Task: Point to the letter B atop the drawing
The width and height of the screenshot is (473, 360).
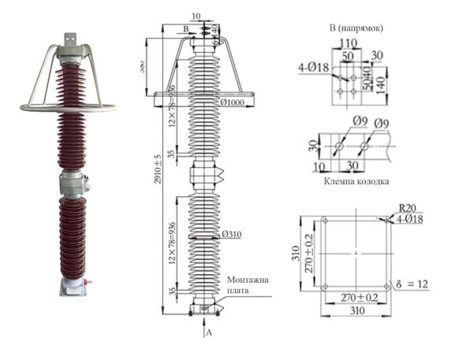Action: pos(186,28)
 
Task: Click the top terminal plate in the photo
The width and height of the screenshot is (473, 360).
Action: pos(69,38)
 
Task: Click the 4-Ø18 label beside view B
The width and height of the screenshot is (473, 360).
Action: pos(312,68)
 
